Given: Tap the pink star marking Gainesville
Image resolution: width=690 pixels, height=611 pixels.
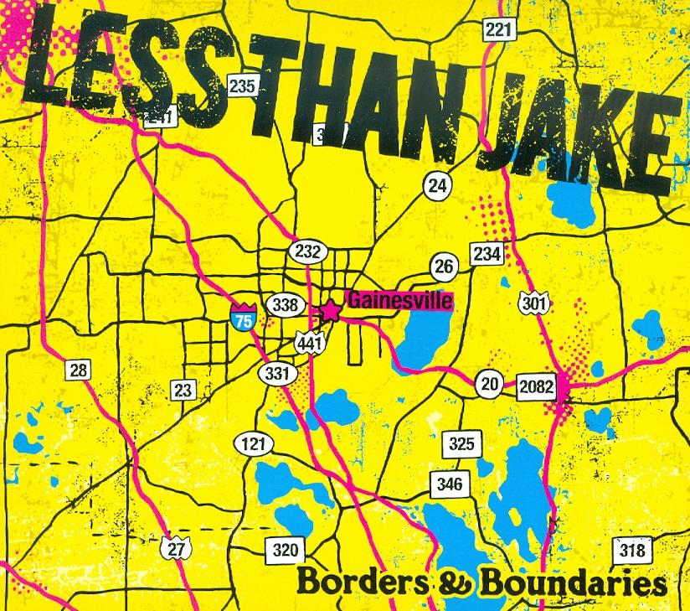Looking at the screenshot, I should pyautogui.click(x=331, y=311).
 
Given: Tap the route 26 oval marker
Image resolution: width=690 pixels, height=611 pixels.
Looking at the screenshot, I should pyautogui.click(x=445, y=267).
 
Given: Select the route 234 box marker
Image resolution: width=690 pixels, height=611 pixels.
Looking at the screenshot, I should pyautogui.click(x=487, y=254).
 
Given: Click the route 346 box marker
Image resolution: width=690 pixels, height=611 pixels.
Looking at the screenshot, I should pyautogui.click(x=449, y=484).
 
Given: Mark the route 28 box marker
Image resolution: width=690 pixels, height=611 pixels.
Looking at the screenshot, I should pyautogui.click(x=77, y=370).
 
